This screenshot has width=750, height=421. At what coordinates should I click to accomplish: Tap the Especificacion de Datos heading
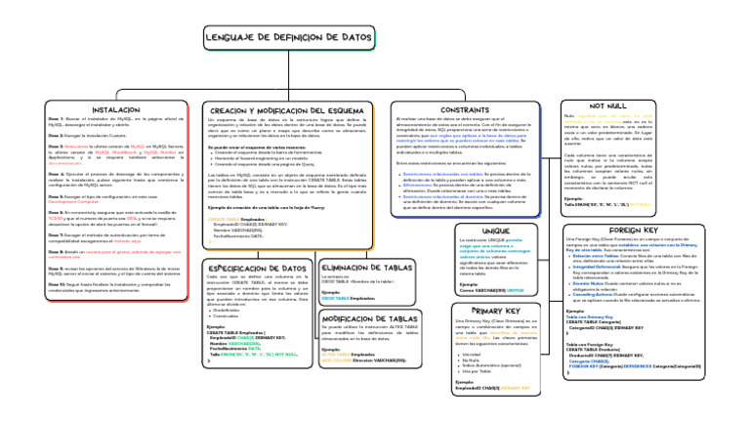257,267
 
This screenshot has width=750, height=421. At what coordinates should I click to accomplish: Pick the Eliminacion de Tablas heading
366,267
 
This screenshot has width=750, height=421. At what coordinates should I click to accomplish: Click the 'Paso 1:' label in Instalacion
55,117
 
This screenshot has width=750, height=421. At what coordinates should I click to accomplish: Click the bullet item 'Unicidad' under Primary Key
474,355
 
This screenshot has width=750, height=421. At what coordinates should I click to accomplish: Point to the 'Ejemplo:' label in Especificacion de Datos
216,326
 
